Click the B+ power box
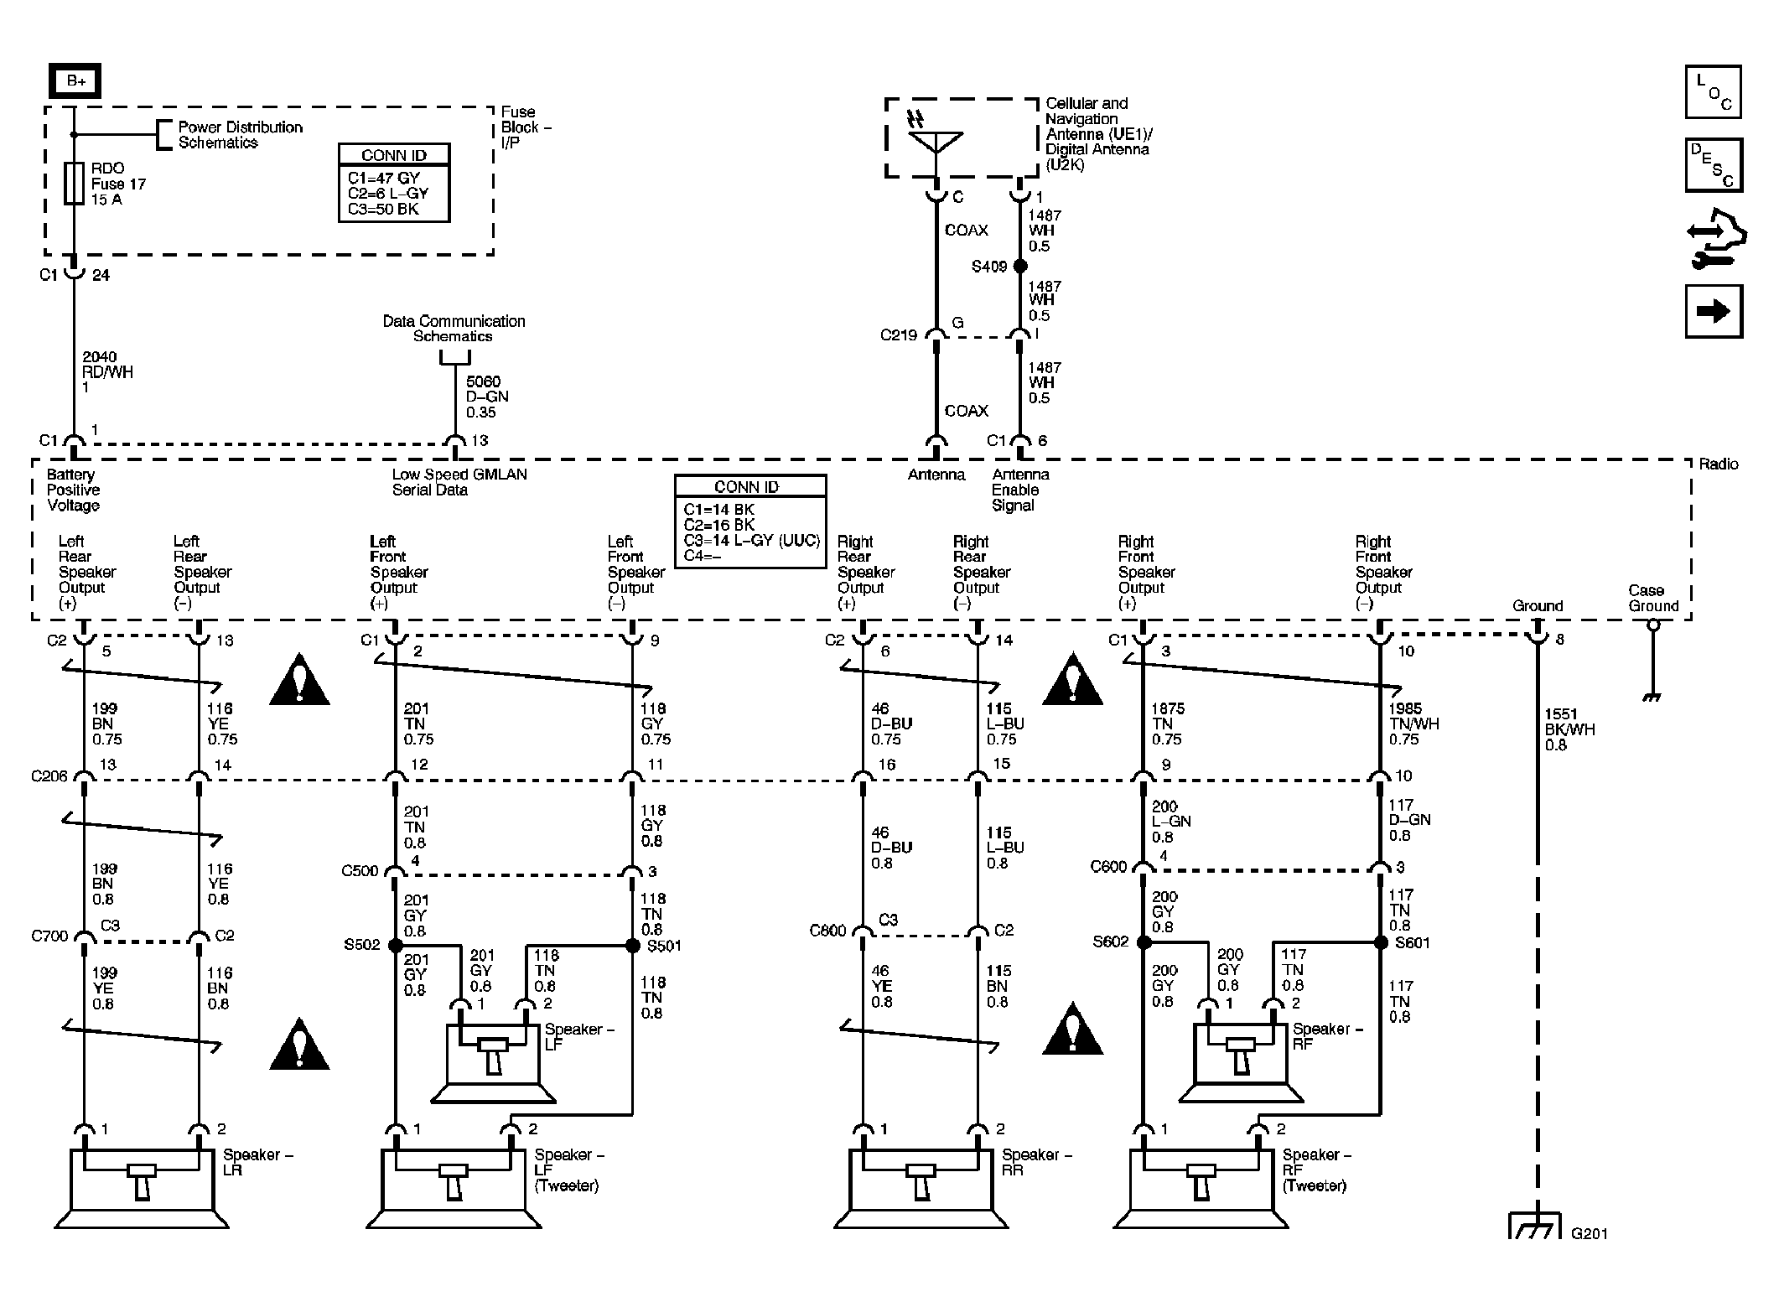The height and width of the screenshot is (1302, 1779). coord(75,81)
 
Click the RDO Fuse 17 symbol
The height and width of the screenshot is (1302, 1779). coord(74,183)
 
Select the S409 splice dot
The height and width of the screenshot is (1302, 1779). coord(1020,266)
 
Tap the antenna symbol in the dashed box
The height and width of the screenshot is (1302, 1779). coord(936,137)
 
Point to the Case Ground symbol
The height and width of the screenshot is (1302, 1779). coord(1652,662)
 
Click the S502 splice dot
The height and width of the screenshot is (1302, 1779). coord(396,945)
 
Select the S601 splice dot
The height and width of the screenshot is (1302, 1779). coord(1381,942)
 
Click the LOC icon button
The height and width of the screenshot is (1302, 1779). coord(1714,91)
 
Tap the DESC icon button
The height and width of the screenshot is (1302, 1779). coord(1714,165)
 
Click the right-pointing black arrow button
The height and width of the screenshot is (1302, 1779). coord(1714,311)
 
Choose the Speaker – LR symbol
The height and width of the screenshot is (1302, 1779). coord(141,1186)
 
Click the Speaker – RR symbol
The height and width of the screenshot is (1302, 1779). coord(921,1186)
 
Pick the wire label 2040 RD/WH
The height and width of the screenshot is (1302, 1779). coord(107,372)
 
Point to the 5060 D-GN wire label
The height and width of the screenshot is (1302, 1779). coord(487,397)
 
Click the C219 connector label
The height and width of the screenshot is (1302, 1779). coord(898,335)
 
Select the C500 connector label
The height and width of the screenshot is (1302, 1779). coord(360,870)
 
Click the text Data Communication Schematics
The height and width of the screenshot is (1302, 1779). coord(454,329)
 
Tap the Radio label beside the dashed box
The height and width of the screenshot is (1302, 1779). coord(1719,464)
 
